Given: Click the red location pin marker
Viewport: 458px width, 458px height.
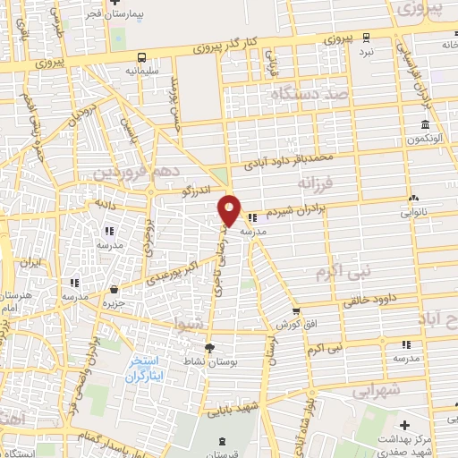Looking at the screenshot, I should [x=230, y=210].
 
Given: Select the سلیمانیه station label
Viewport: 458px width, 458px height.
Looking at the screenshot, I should [x=141, y=68].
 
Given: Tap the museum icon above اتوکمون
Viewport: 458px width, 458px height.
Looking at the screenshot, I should [x=426, y=124].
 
